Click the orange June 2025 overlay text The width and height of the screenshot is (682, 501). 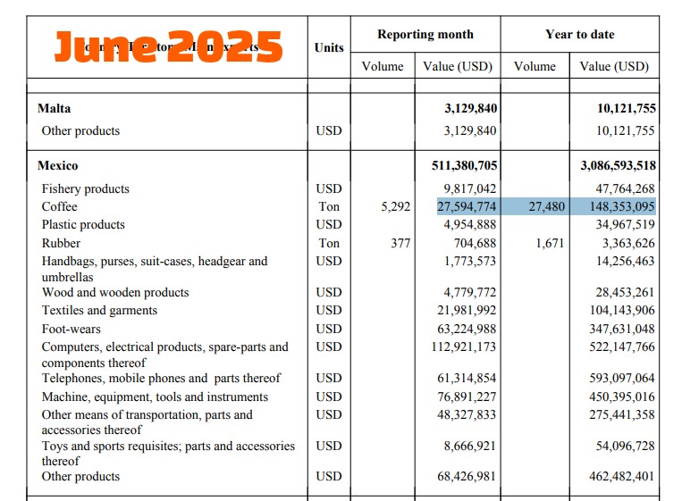pos(168,46)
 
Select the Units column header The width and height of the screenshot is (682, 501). pos(329,47)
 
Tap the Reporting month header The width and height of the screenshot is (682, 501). pos(425,35)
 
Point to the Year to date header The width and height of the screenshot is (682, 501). pos(579,35)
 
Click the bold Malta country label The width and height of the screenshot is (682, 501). pos(54,109)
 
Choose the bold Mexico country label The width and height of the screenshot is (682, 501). pos(57,166)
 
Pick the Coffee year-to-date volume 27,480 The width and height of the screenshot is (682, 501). pos(548,207)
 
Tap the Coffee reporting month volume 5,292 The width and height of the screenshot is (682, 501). pos(395,207)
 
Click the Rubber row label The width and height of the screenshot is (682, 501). pos(61,243)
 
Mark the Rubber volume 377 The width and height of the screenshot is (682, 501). pos(400,243)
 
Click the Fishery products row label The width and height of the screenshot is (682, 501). pos(85,189)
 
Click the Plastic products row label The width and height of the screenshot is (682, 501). pos(83,225)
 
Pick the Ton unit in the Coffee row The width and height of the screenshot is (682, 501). pos(328,207)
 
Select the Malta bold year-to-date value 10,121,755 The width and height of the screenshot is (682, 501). pos(627,109)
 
